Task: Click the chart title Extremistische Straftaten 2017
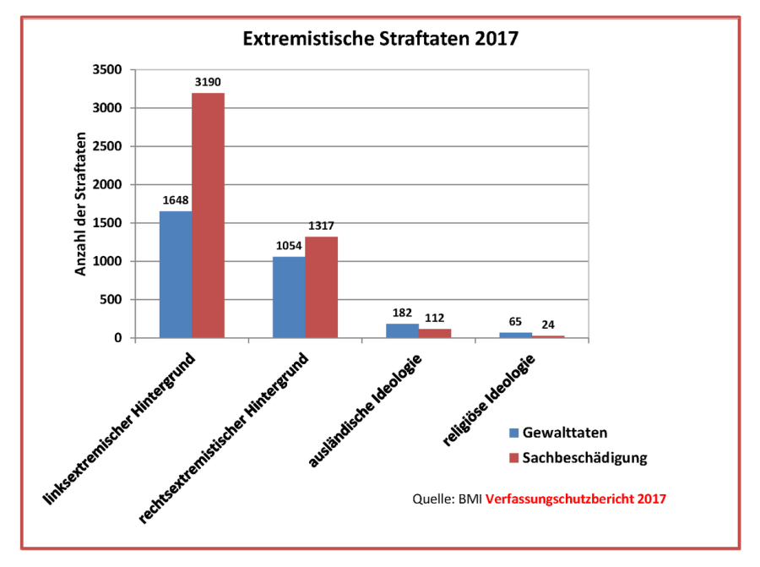[380, 39]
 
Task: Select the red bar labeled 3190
[208, 215]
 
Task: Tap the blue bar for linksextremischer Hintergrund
[176, 275]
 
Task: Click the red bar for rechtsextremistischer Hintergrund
[321, 287]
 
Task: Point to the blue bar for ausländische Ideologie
[402, 330]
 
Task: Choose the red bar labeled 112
[434, 333]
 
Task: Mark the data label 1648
[176, 201]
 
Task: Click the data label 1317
[321, 226]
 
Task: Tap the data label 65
[515, 322]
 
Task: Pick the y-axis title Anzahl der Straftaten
[82, 204]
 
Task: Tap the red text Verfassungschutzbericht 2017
[576, 499]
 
